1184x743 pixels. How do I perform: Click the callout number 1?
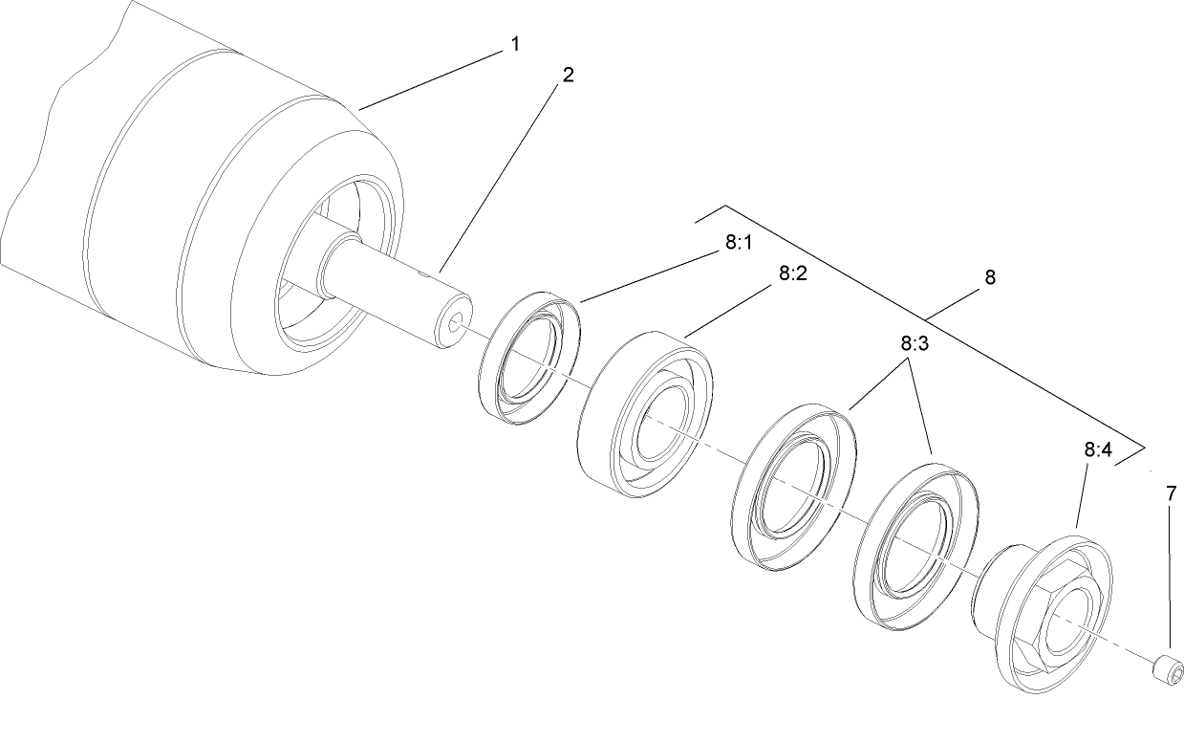[x=515, y=44]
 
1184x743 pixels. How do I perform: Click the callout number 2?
[x=568, y=75]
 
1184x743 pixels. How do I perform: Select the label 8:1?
[x=737, y=242]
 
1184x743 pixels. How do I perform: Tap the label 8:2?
[x=792, y=273]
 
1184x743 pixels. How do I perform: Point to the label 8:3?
[x=914, y=343]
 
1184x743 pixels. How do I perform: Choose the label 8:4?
[x=1097, y=448]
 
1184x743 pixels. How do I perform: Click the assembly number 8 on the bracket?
[x=989, y=277]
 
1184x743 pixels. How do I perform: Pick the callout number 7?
[x=1171, y=494]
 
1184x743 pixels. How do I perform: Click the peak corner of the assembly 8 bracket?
[x=725, y=206]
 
